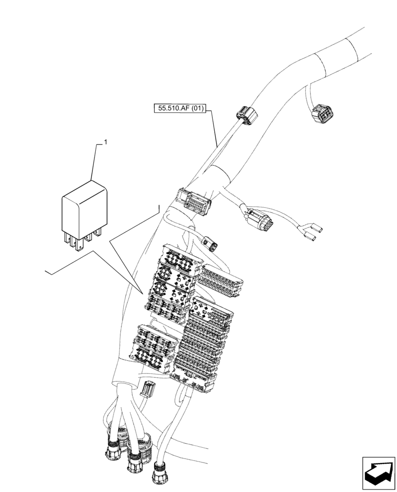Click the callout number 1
click(105, 142)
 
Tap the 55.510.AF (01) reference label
click(182, 108)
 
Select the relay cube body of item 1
click(84, 206)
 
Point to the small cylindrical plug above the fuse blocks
click(211, 244)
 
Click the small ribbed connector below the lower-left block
click(146, 389)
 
